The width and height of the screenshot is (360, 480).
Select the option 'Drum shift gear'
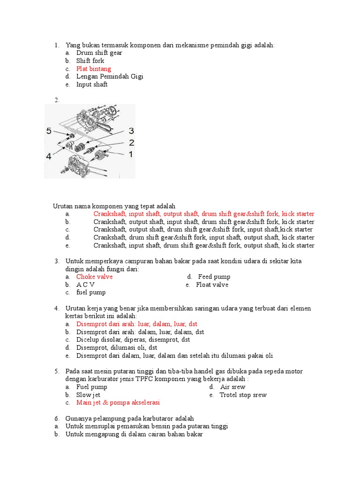[99, 53]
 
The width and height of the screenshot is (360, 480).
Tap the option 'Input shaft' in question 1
[92, 84]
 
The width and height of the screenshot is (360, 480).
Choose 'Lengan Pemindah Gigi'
[110, 76]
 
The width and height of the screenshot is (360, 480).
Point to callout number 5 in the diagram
[50, 132]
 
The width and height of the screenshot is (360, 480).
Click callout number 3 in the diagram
[131, 131]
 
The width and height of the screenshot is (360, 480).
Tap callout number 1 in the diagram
[131, 154]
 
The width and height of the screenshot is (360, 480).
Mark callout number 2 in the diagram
[132, 142]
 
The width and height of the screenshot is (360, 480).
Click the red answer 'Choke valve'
[95, 277]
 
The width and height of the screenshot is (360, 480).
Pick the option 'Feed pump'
[214, 277]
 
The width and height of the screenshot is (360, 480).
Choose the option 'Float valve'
[212, 285]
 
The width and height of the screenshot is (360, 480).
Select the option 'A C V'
[86, 285]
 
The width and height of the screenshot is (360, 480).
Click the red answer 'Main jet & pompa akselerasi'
[118, 403]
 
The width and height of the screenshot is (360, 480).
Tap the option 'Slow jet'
[89, 395]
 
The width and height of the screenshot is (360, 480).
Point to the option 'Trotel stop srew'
[243, 395]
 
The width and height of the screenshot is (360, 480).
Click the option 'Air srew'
[232, 387]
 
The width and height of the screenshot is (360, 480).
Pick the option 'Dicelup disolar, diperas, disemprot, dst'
[133, 339]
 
